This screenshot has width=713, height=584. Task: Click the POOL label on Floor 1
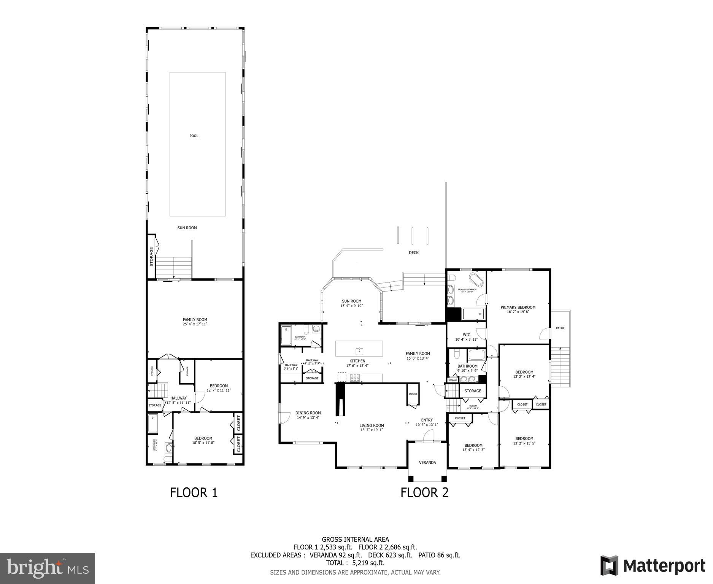[194, 136]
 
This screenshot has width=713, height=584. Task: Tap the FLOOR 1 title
[194, 492]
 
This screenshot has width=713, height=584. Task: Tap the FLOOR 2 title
[424, 492]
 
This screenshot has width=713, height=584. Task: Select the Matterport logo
[653, 566]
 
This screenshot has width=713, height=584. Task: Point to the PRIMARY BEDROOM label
[518, 307]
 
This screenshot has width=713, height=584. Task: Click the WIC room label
[466, 335]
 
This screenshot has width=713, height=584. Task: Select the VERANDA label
[427, 462]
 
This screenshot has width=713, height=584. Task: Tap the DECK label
[414, 252]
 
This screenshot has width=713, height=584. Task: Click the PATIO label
[560, 328]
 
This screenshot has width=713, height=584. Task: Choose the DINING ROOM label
[308, 413]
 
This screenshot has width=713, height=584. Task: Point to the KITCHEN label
[357, 361]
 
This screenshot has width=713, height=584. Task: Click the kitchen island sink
[359, 351]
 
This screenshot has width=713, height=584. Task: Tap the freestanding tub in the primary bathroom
[476, 279]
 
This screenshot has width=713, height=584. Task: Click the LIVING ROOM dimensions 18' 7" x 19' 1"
[372, 430]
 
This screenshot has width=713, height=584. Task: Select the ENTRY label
[427, 420]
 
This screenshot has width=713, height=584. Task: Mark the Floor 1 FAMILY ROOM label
[195, 319]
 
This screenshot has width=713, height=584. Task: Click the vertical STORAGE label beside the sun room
[151, 257]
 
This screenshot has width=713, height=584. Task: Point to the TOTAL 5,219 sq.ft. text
[355, 563]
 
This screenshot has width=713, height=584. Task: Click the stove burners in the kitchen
[354, 378]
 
